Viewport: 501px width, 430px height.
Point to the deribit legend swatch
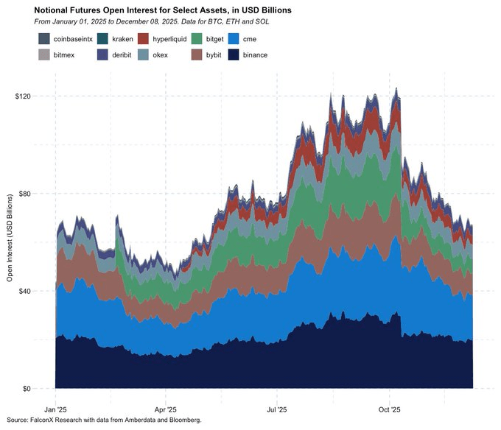(x=102, y=55)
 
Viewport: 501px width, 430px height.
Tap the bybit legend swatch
(x=197, y=55)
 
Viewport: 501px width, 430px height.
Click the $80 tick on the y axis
(x=38, y=194)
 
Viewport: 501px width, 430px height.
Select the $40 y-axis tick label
(x=38, y=291)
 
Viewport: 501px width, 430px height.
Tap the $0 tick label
(x=40, y=388)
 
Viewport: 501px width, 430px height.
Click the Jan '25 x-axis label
(x=56, y=408)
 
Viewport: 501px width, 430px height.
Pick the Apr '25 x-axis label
(x=167, y=408)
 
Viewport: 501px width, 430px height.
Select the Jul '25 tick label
(x=277, y=408)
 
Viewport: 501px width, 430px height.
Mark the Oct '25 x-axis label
(x=389, y=408)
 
